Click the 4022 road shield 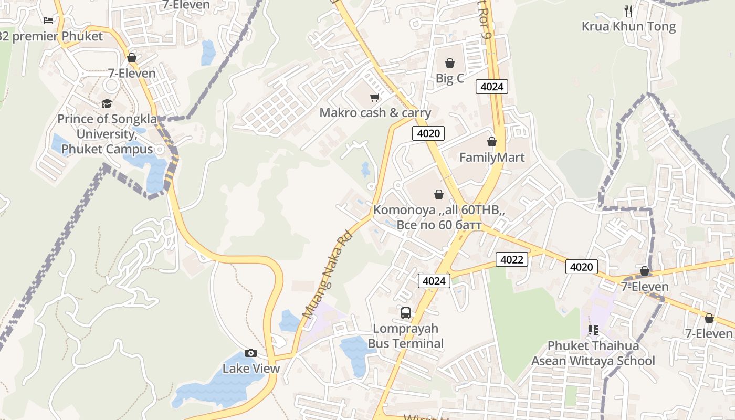coord(511,259)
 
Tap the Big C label coord(450,78)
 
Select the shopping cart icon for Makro coord(374,97)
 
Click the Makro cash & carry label coord(375,113)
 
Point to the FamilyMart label coord(492,157)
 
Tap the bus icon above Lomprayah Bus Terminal coord(406,313)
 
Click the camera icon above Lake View coord(251,353)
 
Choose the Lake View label coord(251,368)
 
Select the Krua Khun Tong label coord(628,26)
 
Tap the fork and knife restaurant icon coord(628,10)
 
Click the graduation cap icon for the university coord(107,103)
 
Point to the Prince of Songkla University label coord(107,134)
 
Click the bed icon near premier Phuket coord(48,20)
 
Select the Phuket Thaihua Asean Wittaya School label coord(593,353)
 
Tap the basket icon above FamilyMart coord(492,142)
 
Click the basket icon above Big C coord(450,63)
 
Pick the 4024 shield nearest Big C coord(492,87)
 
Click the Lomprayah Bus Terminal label coord(406,336)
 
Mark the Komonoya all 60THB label coord(439,217)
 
